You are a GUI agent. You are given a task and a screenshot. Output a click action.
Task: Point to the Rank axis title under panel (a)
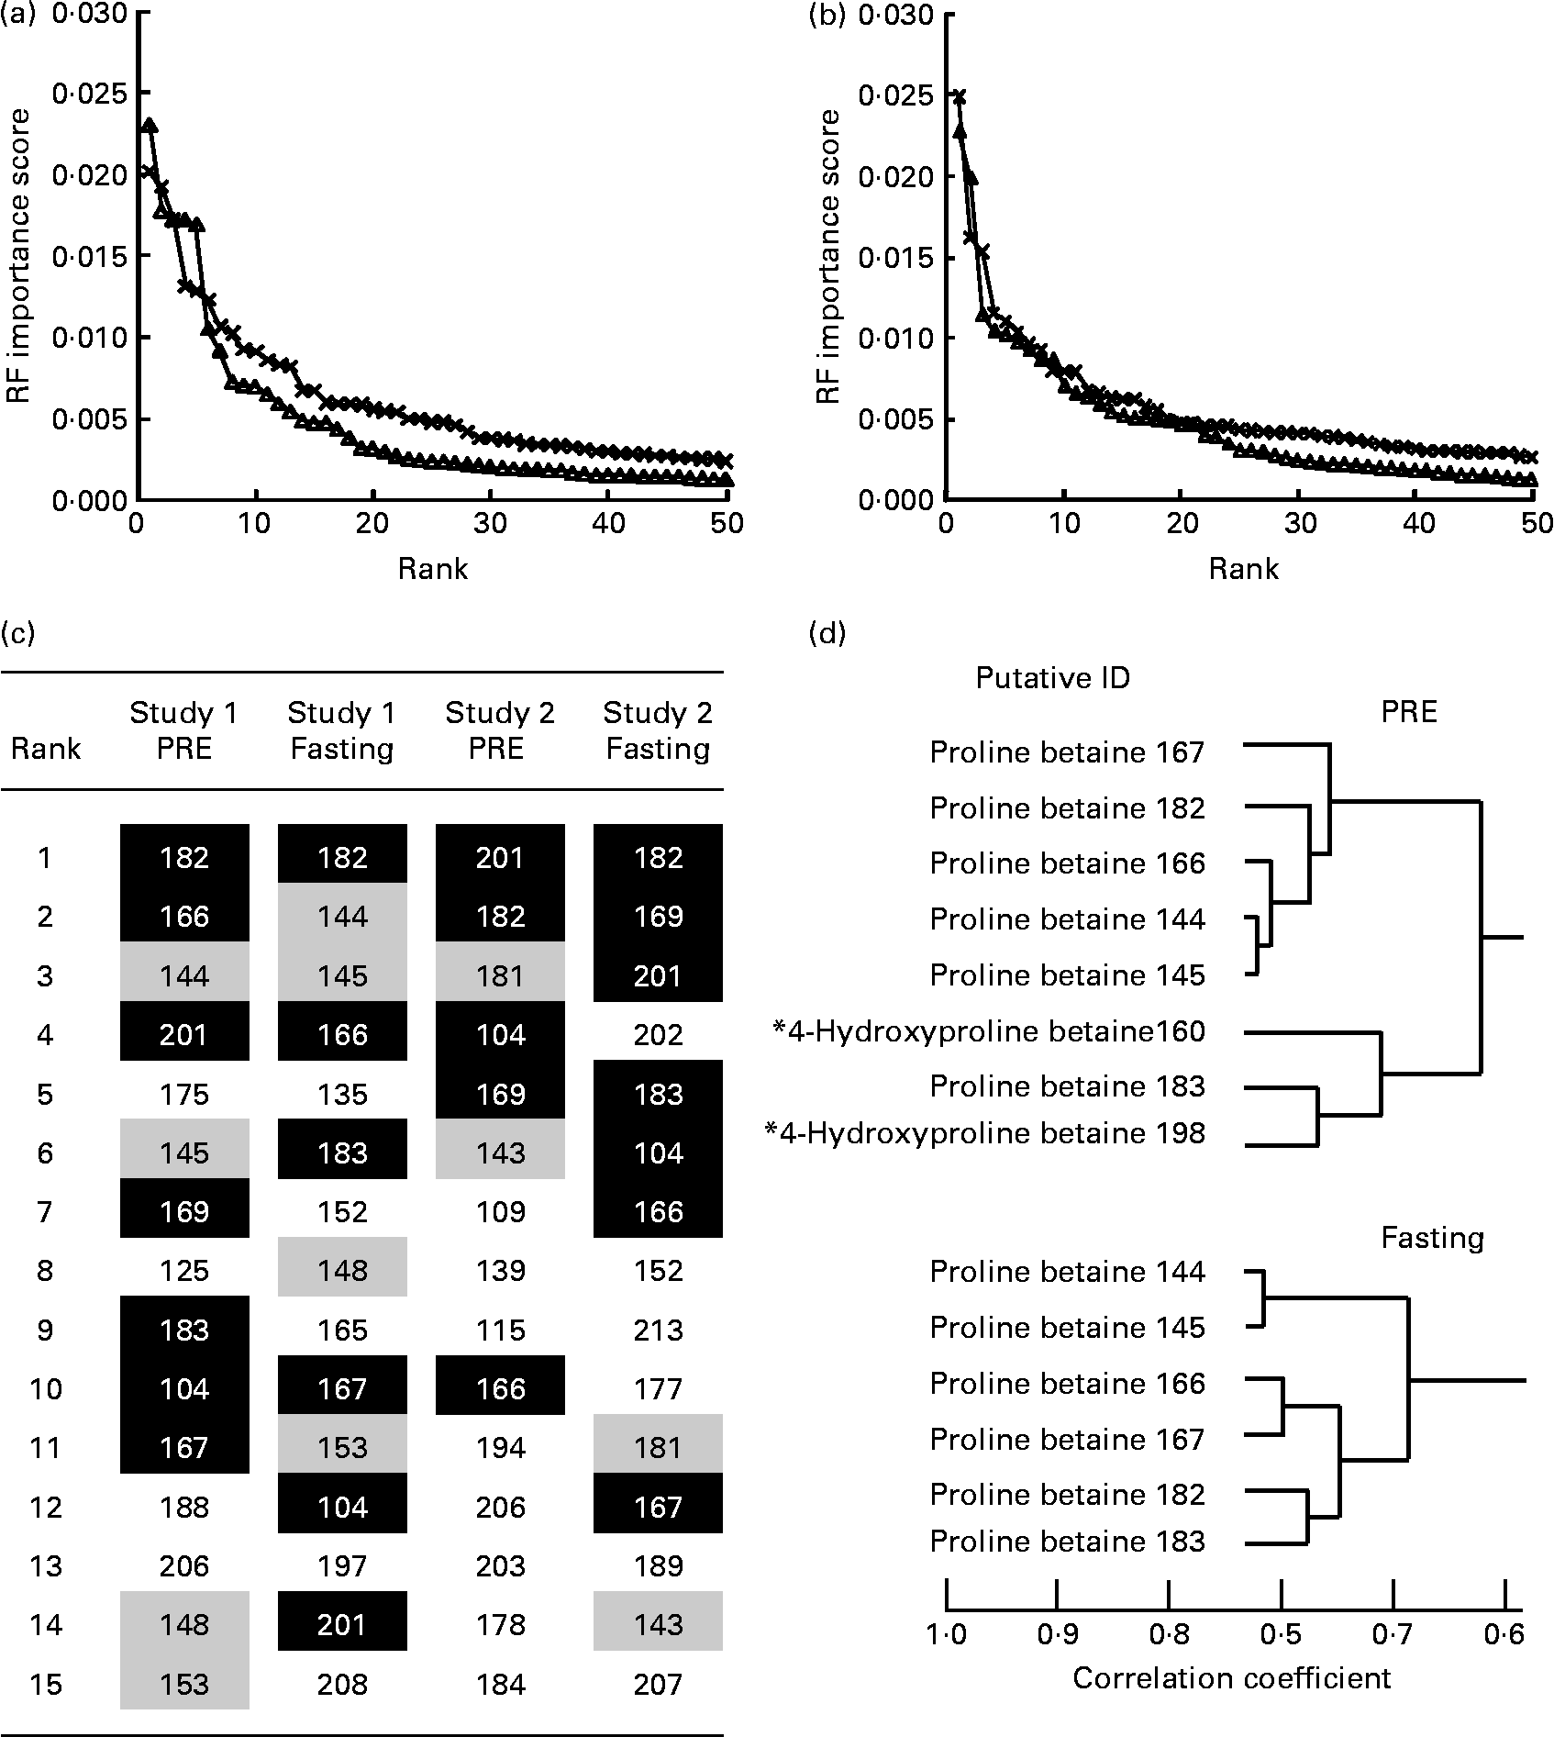[x=432, y=569]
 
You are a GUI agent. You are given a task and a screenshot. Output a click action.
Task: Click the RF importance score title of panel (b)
[x=828, y=257]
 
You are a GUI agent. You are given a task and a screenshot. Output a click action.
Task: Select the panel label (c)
[x=19, y=633]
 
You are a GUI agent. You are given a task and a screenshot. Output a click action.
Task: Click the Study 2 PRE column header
[x=500, y=730]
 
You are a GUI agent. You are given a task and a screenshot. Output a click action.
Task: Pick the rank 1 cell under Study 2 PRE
[x=500, y=857]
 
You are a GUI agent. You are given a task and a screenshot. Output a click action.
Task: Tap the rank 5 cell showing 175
[x=184, y=1094]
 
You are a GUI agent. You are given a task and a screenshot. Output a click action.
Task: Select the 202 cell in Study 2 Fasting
[x=658, y=1035]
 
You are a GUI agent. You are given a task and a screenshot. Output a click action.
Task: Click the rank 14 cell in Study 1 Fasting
[x=342, y=1625]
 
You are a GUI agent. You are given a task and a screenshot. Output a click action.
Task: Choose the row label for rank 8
[x=46, y=1271]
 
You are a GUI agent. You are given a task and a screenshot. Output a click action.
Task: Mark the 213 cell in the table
[x=658, y=1330]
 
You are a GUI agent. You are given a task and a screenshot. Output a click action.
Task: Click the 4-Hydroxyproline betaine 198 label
[x=984, y=1133]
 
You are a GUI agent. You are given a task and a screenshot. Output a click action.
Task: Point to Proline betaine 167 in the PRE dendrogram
[x=1066, y=752]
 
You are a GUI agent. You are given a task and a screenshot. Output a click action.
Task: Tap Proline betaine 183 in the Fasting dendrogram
[x=1066, y=1541]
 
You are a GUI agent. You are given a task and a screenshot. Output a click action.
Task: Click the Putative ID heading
[x=1052, y=678]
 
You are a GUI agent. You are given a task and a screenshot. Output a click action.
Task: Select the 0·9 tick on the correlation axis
[x=1057, y=1633]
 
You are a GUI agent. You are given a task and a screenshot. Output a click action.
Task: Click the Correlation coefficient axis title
[x=1231, y=1678]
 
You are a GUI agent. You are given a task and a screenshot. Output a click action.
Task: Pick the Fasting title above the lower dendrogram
[x=1432, y=1238]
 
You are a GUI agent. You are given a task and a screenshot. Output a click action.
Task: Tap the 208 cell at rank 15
[x=342, y=1684]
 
